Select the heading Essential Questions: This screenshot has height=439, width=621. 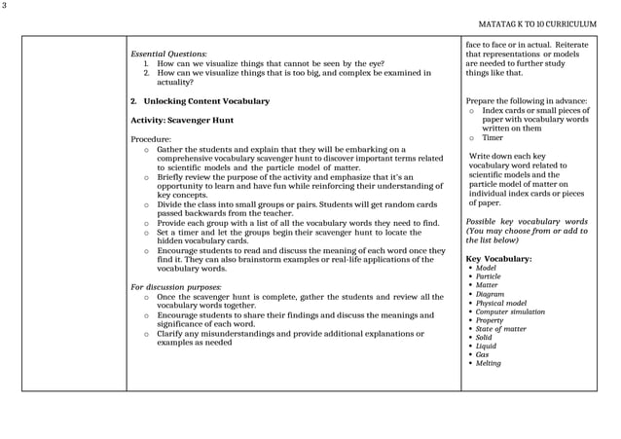coord(168,53)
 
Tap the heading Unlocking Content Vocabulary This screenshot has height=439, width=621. coord(200,101)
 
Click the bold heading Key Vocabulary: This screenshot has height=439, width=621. coord(498,259)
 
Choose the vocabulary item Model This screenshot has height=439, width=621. coord(486,268)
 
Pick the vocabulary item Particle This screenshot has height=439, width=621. coord(488,276)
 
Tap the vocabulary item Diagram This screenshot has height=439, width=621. coord(490,294)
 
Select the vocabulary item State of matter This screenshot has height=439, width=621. coord(500,329)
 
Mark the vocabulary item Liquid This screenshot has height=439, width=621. coord(486,346)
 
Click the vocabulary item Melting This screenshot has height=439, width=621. coord(488,363)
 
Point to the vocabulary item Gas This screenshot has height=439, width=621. coord(482,354)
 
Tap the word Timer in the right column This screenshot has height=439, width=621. coord(493,137)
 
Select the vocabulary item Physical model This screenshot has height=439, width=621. coord(500,303)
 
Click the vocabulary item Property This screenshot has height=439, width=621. coord(489,320)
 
